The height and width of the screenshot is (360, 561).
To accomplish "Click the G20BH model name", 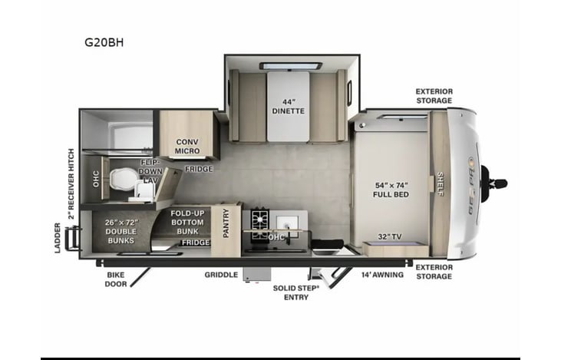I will [104, 43].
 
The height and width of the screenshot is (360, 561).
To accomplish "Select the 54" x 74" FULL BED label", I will [391, 190].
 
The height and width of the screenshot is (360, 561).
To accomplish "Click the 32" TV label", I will [391, 236].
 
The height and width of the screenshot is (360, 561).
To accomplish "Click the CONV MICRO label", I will [187, 146].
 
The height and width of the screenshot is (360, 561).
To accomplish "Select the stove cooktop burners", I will [259, 219].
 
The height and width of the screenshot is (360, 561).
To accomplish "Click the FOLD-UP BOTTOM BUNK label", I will [187, 222].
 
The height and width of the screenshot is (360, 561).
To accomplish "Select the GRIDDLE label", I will [220, 275].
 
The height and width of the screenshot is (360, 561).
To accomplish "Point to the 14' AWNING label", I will [382, 275].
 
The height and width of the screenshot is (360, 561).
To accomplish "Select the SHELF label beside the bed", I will [440, 184].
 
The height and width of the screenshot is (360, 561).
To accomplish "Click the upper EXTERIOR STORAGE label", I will [434, 95].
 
